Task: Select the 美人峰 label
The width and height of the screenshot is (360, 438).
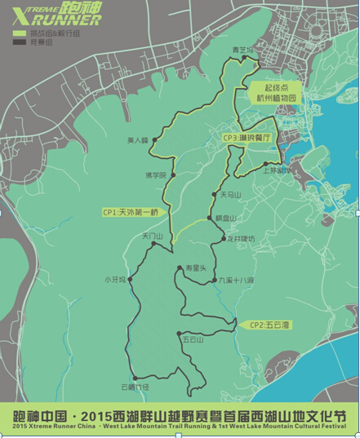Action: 138,140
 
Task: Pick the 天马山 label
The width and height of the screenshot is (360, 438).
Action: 231,196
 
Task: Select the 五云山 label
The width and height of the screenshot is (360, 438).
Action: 193,338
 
